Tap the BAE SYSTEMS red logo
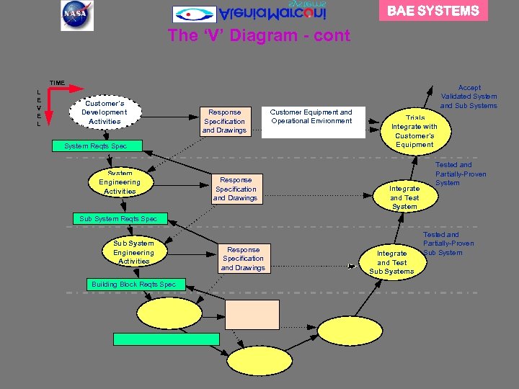(433, 11)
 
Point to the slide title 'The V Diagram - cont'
(259, 36)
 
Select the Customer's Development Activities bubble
(105, 112)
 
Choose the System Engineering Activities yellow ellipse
(120, 182)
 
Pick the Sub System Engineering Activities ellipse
(133, 252)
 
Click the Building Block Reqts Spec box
(133, 285)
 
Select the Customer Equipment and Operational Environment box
(311, 117)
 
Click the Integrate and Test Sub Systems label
(391, 262)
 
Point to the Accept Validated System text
(469, 97)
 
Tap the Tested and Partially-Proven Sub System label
(448, 243)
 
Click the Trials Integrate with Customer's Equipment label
(414, 131)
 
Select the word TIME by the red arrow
(57, 83)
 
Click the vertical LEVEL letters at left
(38, 108)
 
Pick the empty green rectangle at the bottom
(167, 339)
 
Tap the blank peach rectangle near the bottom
(252, 315)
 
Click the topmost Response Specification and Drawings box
(224, 121)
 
